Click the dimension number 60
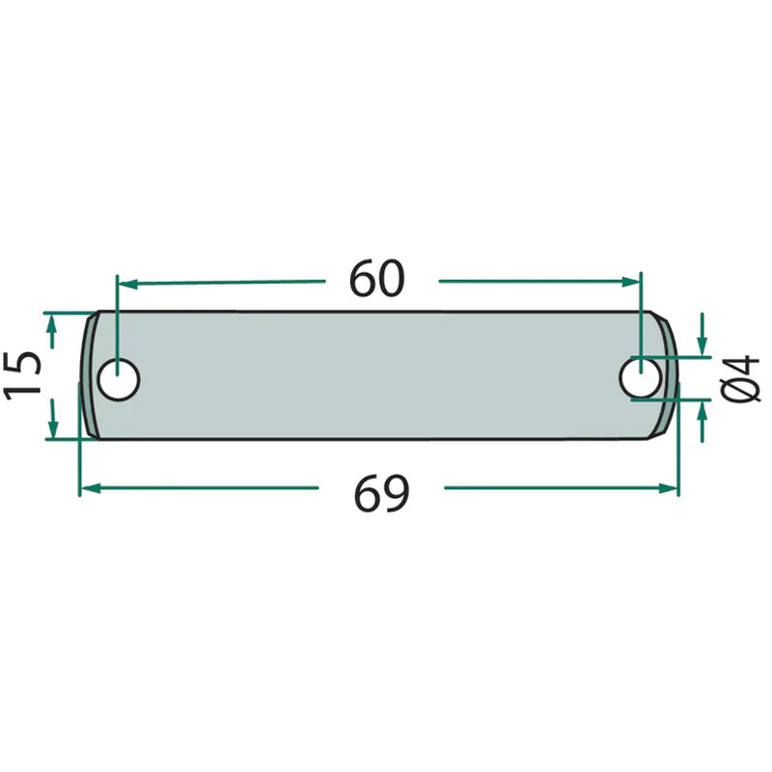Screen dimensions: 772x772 point(376,279)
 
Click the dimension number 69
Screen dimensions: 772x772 point(381,494)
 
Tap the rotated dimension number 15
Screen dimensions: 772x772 point(22,374)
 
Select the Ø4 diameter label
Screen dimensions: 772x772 point(743,377)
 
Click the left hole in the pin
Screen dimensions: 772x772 point(119,379)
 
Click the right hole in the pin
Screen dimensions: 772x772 point(640,378)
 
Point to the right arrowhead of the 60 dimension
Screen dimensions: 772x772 point(630,282)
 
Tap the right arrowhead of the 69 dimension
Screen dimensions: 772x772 point(669,488)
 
